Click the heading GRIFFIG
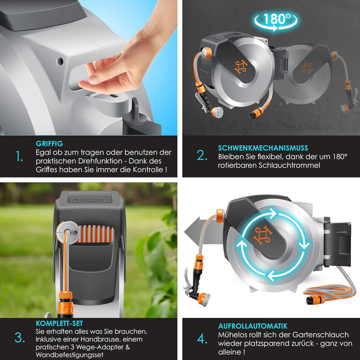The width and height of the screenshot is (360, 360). (49, 143)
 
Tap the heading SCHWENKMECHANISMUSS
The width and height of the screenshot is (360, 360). (263, 148)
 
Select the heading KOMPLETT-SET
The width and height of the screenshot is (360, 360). (59, 323)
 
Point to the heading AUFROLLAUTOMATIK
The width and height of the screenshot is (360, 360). (252, 326)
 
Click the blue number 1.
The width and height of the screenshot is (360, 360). (19, 156)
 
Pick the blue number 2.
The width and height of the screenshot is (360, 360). (202, 155)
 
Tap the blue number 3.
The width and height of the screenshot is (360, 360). (19, 338)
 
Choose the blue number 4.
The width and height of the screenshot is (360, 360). (202, 339)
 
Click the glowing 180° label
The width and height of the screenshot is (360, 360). (276, 20)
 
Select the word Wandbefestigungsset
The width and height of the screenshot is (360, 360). (69, 354)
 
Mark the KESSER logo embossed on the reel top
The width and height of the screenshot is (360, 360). (90, 200)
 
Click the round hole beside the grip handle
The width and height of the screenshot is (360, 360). (59, 61)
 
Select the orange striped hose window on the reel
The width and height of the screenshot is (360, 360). (95, 233)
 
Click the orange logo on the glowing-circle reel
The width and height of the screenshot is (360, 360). (263, 235)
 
